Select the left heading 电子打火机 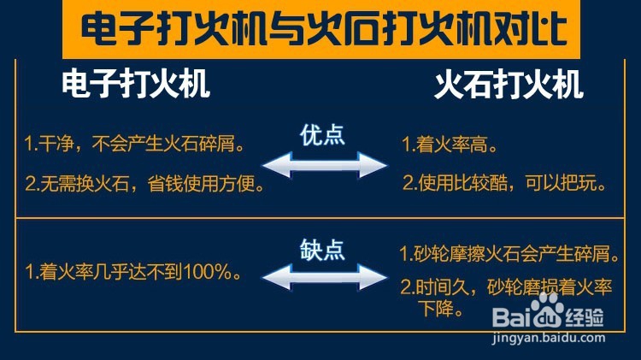[x=136, y=86]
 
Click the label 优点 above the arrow [x=322, y=135]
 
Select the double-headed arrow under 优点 [x=324, y=164]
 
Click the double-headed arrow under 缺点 [x=324, y=277]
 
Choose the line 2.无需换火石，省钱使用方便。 [x=143, y=183]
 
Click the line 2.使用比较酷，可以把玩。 [x=504, y=183]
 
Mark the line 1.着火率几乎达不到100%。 [x=132, y=274]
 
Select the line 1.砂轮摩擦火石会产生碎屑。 [x=509, y=254]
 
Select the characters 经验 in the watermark [x=588, y=320]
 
